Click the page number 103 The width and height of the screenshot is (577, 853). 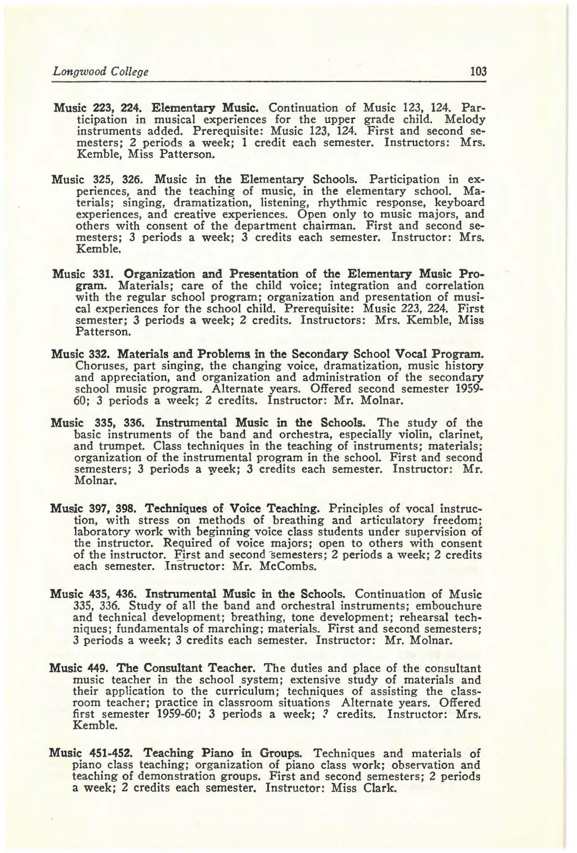point(478,71)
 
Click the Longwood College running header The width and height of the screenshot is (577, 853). point(100,71)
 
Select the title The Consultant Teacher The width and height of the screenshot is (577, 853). point(199,668)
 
